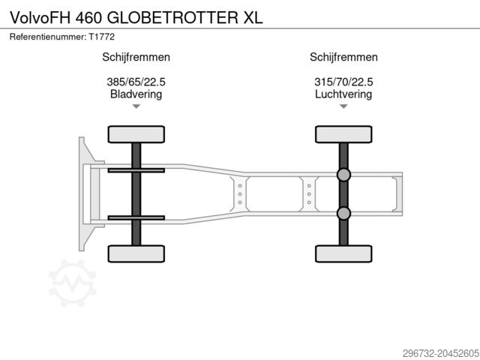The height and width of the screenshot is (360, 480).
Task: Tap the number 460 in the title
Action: pyautogui.click(x=93, y=16)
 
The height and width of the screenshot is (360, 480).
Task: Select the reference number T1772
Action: pyautogui.click(x=100, y=36)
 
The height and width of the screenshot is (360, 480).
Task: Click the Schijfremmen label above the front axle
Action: pyautogui.click(x=136, y=57)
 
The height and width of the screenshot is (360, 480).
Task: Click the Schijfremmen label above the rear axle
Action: pyautogui.click(x=343, y=57)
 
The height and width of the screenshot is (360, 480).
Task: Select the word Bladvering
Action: pyautogui.click(x=136, y=94)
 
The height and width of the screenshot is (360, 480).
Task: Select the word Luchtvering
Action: pyautogui.click(x=343, y=94)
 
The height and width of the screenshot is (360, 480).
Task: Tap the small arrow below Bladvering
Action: pyautogui.click(x=136, y=107)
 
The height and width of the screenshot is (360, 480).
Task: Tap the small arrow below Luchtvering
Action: pyautogui.click(x=343, y=107)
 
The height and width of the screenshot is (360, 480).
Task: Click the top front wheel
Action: pyautogui.click(x=136, y=134)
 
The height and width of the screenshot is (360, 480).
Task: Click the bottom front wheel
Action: pyautogui.click(x=136, y=253)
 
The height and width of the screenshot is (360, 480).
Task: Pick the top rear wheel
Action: pyautogui.click(x=343, y=134)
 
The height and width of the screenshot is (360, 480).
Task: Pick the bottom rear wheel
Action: pyautogui.click(x=343, y=253)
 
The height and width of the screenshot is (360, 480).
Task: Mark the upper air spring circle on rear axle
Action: pyautogui.click(x=343, y=175)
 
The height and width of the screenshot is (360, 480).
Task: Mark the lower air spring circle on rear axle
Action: pyautogui.click(x=343, y=214)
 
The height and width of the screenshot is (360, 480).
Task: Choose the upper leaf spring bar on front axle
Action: pyautogui.click(x=136, y=171)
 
